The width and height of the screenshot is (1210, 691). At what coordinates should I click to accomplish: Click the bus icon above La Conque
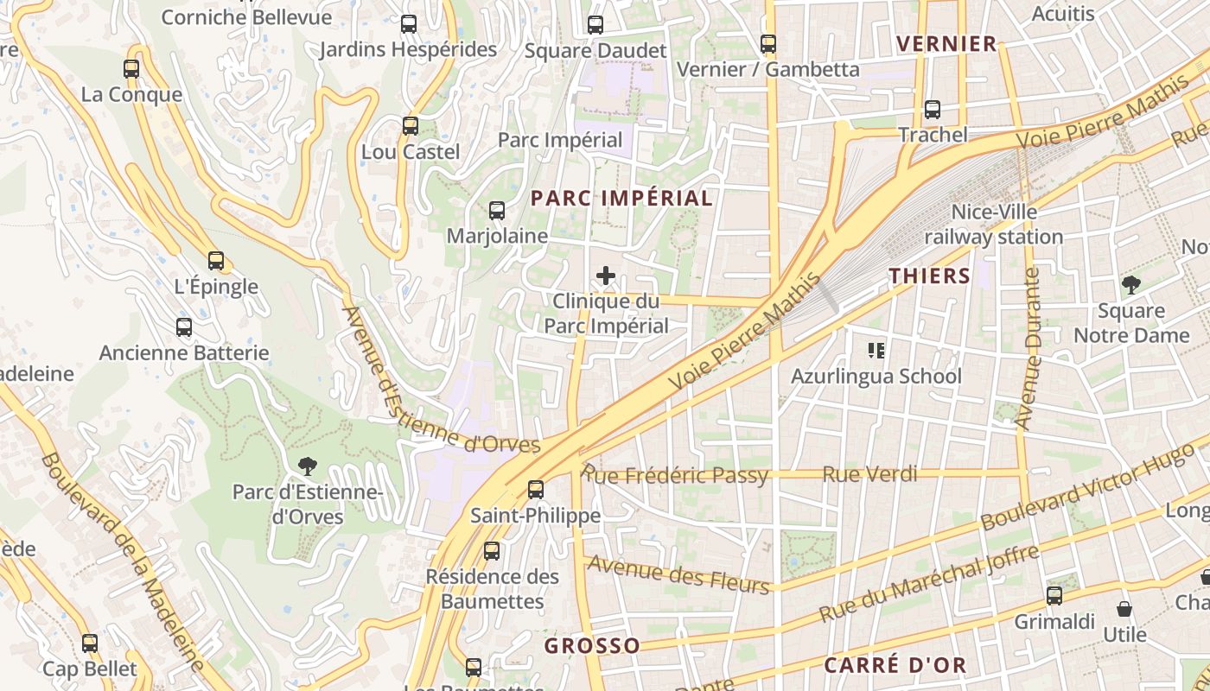click(x=131, y=69)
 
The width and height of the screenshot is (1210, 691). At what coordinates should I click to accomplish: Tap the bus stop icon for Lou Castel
click(x=411, y=126)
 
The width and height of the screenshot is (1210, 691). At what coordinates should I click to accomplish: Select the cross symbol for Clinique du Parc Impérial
click(x=606, y=276)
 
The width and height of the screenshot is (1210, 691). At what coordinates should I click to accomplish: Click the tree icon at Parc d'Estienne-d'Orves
click(x=307, y=467)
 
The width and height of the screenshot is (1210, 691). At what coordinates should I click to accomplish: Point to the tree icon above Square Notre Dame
click(x=1130, y=284)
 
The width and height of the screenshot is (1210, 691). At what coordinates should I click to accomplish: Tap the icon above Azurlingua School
click(x=876, y=351)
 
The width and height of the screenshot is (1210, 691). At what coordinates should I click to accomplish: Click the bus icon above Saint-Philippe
click(x=536, y=490)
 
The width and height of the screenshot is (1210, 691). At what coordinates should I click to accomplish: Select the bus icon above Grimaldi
click(x=1054, y=595)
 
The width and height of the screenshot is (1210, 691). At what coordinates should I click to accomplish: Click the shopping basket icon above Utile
click(x=1124, y=609)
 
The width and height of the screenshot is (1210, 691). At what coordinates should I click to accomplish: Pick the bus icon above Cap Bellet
click(x=90, y=643)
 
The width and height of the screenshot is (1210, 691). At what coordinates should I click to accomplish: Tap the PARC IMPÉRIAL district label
click(x=621, y=198)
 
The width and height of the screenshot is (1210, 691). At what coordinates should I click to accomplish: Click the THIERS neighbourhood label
click(x=930, y=276)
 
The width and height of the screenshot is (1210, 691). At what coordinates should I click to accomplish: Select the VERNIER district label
click(x=946, y=44)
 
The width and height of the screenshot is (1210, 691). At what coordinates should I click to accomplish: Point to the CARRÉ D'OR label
click(x=895, y=665)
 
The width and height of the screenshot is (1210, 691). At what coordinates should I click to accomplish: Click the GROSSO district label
click(x=592, y=645)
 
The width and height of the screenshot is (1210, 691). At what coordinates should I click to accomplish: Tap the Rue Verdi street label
click(x=869, y=473)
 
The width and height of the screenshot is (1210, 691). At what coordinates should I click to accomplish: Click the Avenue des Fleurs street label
click(x=678, y=575)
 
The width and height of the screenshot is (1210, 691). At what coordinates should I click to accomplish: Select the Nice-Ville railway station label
click(x=994, y=224)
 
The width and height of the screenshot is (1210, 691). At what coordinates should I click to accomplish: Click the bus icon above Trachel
click(x=933, y=110)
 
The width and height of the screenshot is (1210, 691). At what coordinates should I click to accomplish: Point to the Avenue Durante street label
click(x=1028, y=349)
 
